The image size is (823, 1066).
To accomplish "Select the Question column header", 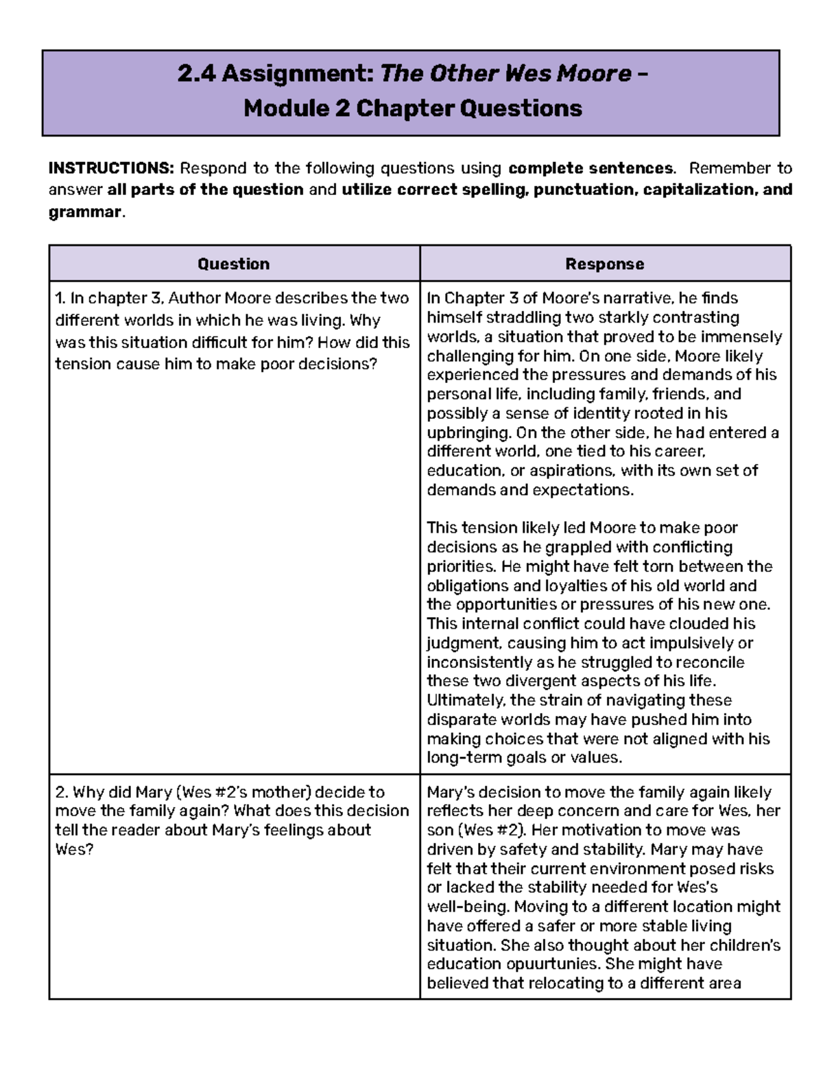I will tap(234, 264).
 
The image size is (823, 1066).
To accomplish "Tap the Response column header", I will tap(604, 264).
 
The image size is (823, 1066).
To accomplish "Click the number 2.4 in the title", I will tap(196, 73).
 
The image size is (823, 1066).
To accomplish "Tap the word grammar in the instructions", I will tap(84, 212).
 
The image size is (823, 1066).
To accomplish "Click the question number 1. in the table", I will tap(60, 298).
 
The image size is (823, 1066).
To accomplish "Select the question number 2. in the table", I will tap(61, 792).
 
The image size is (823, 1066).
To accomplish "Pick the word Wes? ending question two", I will tap(74, 849).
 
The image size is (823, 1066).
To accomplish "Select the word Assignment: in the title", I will tap(298, 73).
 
